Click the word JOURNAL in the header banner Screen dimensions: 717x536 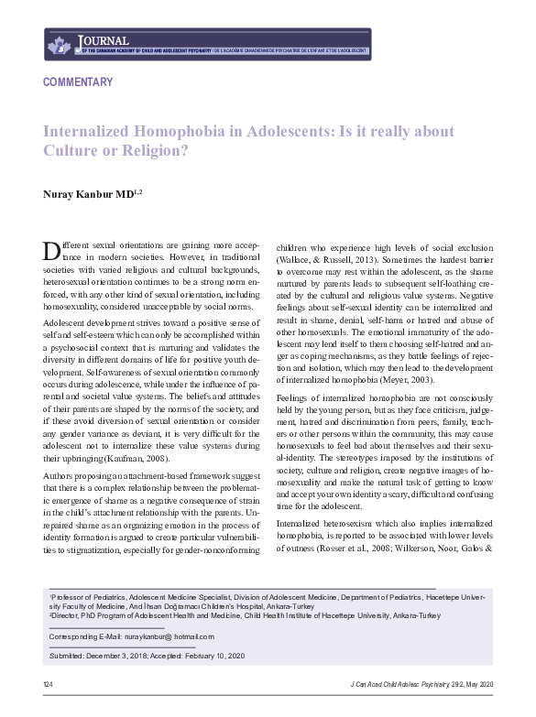[x=103, y=40]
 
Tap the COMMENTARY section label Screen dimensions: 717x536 [x=78, y=82]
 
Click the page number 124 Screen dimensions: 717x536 [x=49, y=684]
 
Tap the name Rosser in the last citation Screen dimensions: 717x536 [x=347, y=549]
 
